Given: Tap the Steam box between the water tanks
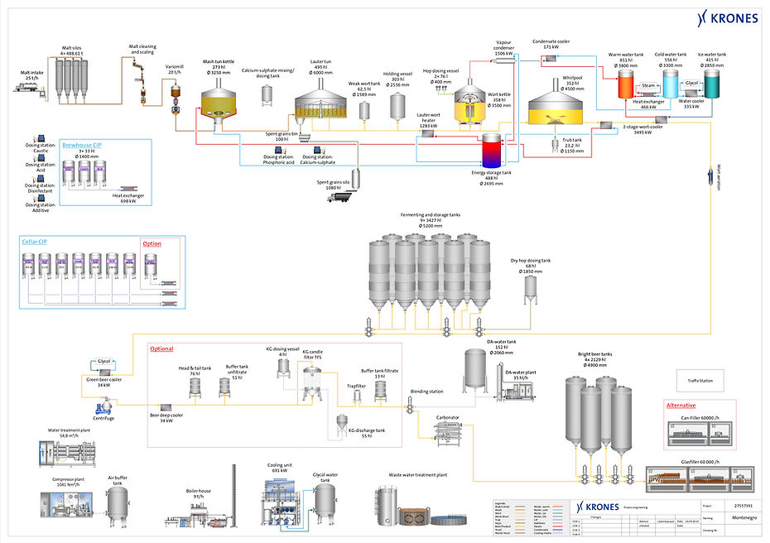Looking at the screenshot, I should point(648,85).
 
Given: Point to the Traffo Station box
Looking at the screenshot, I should point(700,380).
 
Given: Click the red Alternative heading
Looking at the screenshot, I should point(681,406).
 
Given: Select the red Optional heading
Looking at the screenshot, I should point(162,349).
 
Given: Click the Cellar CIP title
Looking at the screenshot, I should point(35,243).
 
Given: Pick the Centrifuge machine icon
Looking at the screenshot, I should point(106,406).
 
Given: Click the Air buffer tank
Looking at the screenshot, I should point(119,502).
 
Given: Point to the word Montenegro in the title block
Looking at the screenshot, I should point(722,516).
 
